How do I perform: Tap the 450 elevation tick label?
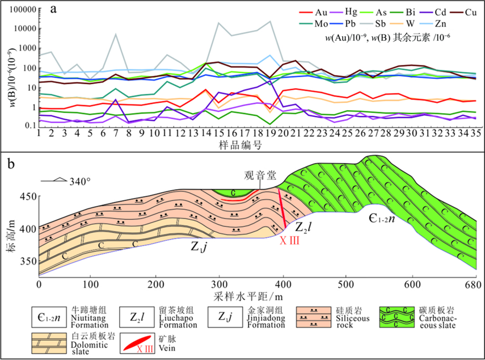click(x=27, y=196)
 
